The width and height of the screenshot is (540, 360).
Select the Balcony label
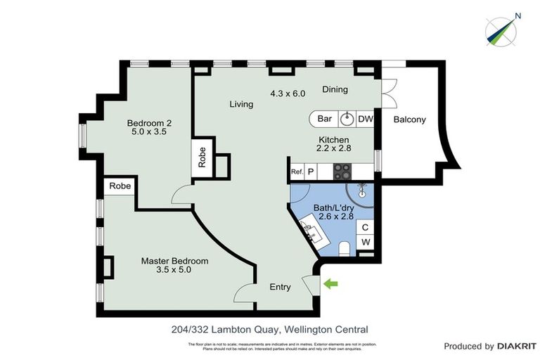[409, 120]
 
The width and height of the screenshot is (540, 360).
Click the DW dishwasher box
[366, 119]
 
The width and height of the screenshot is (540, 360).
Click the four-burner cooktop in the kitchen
[342, 170]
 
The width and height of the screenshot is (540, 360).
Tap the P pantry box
[310, 171]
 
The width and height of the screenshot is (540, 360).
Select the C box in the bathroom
[365, 227]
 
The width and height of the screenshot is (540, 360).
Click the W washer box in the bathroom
[365, 243]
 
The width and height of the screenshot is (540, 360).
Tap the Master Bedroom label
[175, 261]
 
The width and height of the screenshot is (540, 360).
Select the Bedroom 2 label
[149, 122]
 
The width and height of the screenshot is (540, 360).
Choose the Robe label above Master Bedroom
[120, 187]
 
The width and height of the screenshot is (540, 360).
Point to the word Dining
[335, 89]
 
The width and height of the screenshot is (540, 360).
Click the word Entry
[281, 287]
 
